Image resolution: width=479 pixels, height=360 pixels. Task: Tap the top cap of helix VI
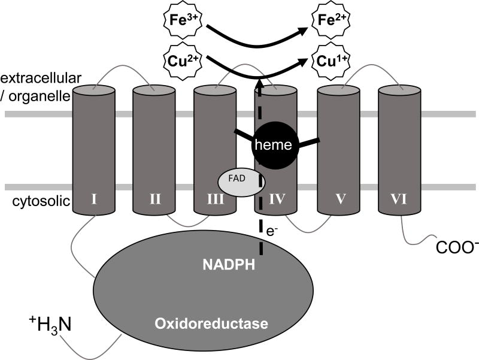coord(399,91)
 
